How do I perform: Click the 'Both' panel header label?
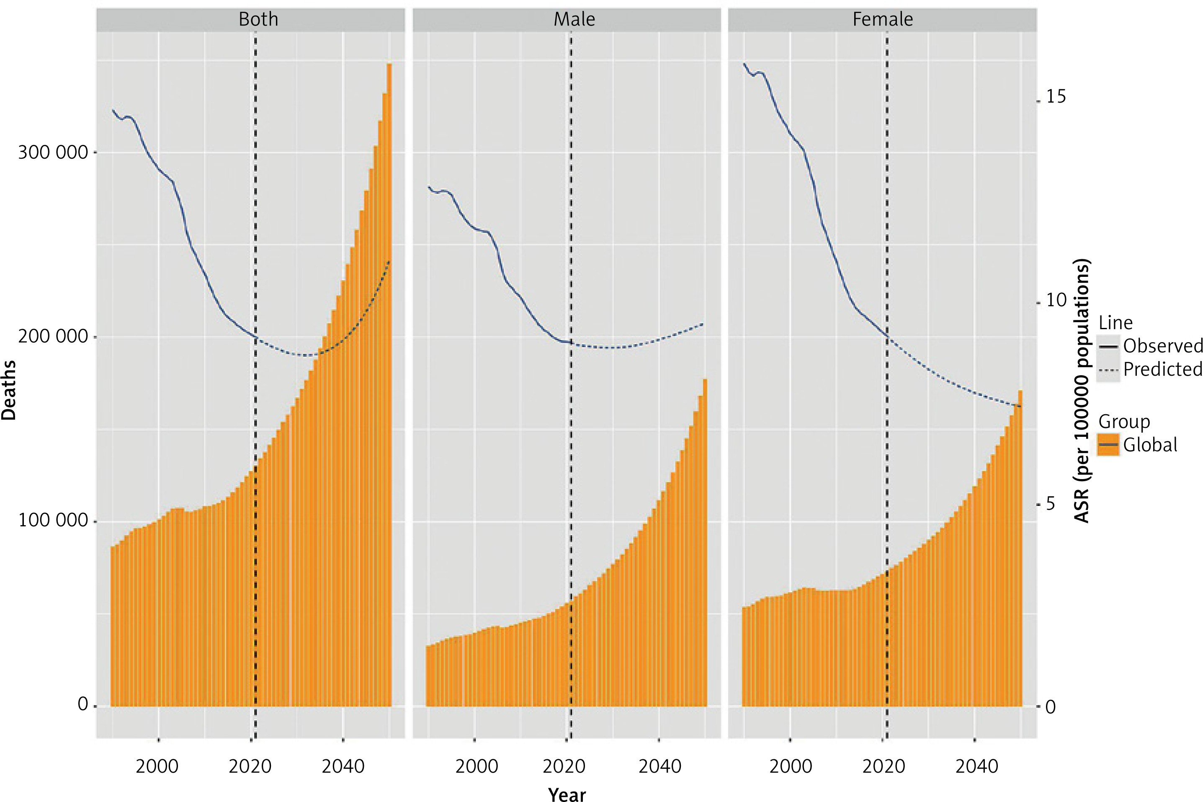(258, 19)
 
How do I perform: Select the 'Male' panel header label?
(574, 19)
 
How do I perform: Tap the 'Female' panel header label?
(882, 19)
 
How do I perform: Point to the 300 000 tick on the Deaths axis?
(53, 152)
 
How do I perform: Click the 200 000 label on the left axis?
(53, 337)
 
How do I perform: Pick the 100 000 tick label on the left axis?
(53, 520)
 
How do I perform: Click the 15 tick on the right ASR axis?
(1056, 97)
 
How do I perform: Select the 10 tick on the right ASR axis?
(1056, 300)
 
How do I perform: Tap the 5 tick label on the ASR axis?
(1050, 504)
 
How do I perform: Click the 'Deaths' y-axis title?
(9, 390)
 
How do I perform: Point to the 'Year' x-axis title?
(567, 793)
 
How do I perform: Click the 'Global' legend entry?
(1150, 445)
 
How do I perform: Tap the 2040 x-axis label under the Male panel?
(659, 766)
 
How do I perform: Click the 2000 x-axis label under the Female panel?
(791, 766)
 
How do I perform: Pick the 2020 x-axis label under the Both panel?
(250, 766)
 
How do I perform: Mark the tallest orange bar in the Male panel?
(705, 542)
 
